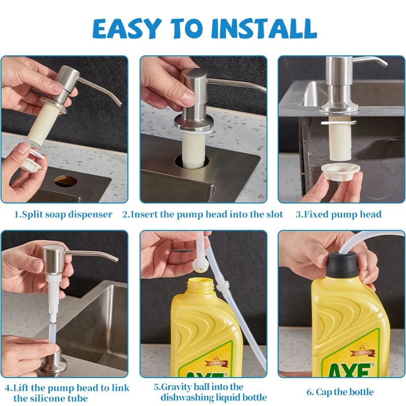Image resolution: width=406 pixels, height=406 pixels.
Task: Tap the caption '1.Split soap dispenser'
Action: coord(63,214)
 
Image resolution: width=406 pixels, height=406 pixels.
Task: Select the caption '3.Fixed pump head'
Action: coord(339,214)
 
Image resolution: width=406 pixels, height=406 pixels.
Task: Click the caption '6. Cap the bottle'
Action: coord(340,392)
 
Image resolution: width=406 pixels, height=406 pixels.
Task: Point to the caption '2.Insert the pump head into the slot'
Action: coord(202,214)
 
